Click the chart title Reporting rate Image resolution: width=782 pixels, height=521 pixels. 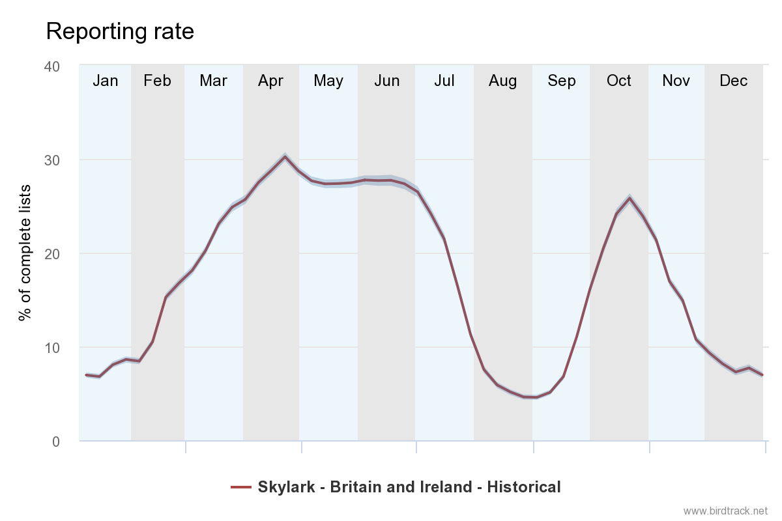(120, 31)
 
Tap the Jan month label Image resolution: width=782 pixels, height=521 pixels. (106, 81)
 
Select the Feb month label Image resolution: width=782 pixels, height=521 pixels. (157, 81)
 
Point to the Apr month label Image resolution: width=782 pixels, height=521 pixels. (270, 81)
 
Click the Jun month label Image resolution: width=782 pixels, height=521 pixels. (387, 81)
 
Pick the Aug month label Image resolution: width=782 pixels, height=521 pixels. (502, 81)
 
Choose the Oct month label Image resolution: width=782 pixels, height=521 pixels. (618, 81)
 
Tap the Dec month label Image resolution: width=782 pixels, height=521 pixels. (733, 81)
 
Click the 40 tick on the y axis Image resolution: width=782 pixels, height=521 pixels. (51, 66)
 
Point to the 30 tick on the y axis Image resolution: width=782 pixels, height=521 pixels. (51, 160)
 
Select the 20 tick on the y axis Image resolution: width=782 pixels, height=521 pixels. (51, 254)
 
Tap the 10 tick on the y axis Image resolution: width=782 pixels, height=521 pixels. (51, 348)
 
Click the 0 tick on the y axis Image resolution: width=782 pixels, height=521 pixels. (55, 442)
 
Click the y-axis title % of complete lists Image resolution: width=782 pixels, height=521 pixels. (25, 253)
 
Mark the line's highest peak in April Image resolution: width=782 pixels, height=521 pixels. (285, 156)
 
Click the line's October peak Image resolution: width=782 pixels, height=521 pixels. (630, 198)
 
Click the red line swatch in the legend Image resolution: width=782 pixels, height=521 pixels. (240, 487)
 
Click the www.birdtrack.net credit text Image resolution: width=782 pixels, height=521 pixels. (726, 511)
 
